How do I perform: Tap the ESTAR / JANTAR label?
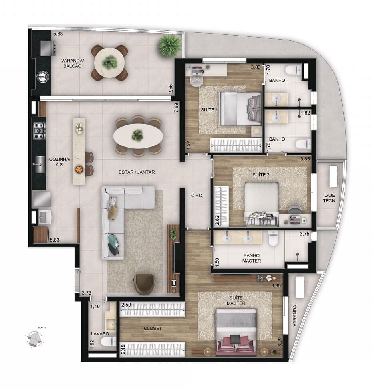[137, 172]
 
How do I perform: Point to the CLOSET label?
[153, 328]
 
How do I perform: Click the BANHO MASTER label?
[252, 258]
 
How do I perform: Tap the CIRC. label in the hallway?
[197, 196]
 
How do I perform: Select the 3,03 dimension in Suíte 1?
[256, 67]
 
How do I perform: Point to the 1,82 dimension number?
[305, 113]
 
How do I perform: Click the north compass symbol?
[35, 339]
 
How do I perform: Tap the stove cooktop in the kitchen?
[39, 130]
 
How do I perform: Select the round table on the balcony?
[109, 62]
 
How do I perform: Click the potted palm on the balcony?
[170, 45]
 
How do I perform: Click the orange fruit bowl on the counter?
[79, 169]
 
